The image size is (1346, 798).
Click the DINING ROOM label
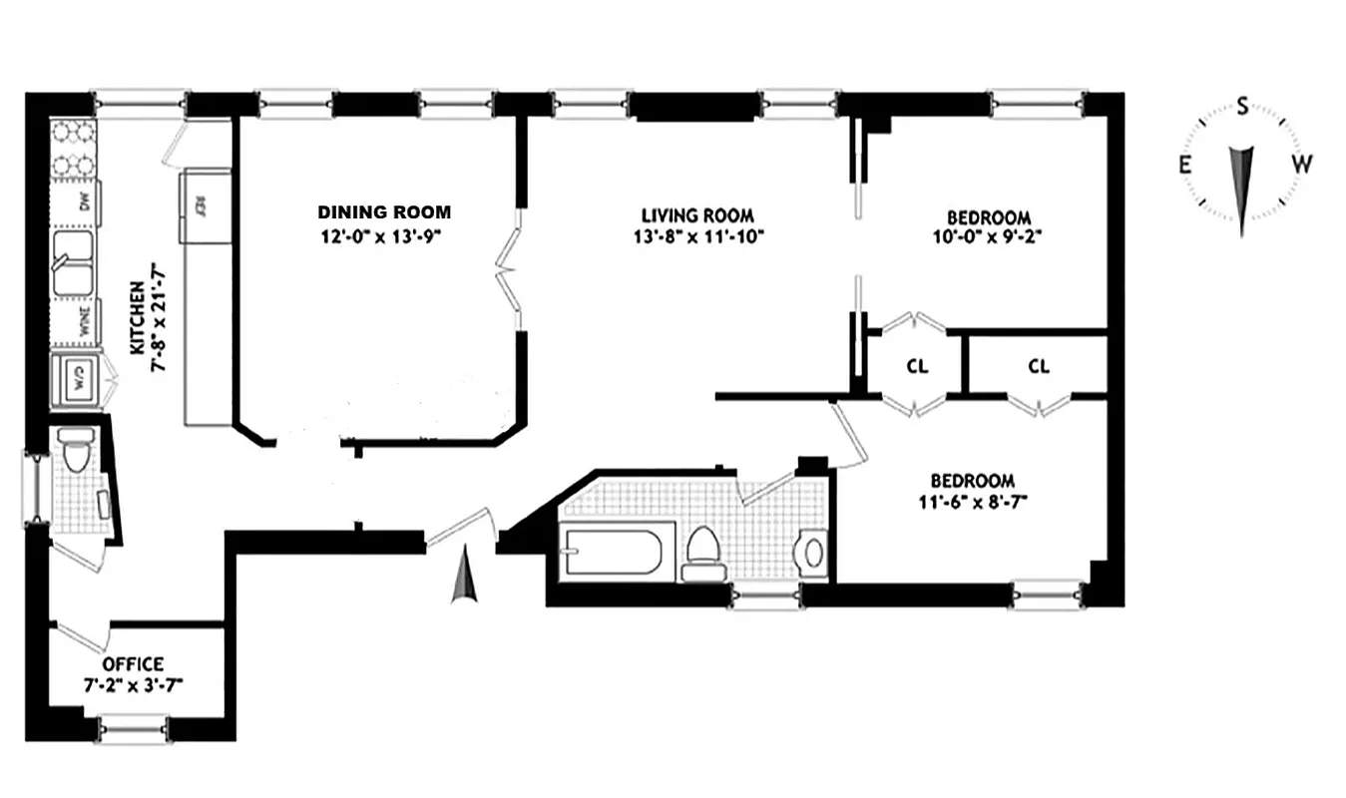tap(384, 212)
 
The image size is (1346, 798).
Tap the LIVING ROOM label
tap(696, 215)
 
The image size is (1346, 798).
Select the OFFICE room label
tap(133, 664)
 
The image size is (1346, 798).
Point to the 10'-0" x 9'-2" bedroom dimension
tap(988, 237)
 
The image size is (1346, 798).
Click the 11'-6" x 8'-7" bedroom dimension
tap(973, 501)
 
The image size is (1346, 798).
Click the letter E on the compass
tap(1185, 166)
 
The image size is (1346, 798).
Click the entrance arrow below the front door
tap(464, 580)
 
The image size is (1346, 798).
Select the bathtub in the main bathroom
tap(612, 552)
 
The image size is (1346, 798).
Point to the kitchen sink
tap(76, 264)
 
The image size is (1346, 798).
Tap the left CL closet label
tap(917, 366)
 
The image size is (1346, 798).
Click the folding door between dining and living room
tap(510, 269)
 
